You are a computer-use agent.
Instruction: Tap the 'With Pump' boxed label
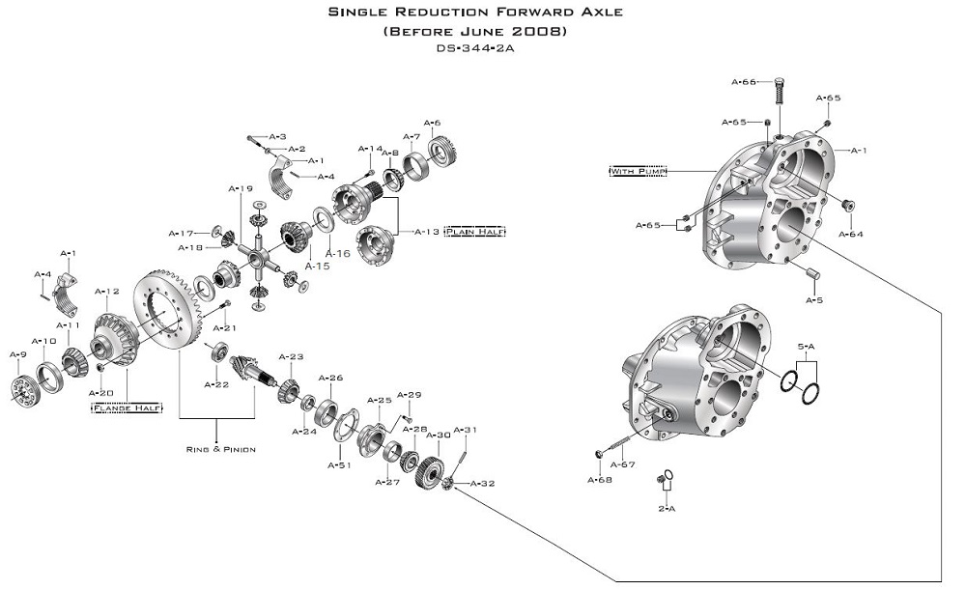[x=633, y=171]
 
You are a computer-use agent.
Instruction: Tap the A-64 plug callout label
[x=851, y=234]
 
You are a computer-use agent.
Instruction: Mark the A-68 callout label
[x=600, y=479]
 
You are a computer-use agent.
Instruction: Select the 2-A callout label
[x=666, y=508]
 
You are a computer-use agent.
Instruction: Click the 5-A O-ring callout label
[x=807, y=346]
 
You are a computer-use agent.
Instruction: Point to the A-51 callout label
[x=338, y=465]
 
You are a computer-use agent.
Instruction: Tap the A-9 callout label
[x=17, y=354]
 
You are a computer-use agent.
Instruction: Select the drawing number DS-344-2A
[x=474, y=47]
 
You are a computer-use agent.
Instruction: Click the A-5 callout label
[x=814, y=300]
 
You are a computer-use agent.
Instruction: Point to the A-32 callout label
[x=482, y=484]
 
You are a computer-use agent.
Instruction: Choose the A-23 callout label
[x=291, y=357]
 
